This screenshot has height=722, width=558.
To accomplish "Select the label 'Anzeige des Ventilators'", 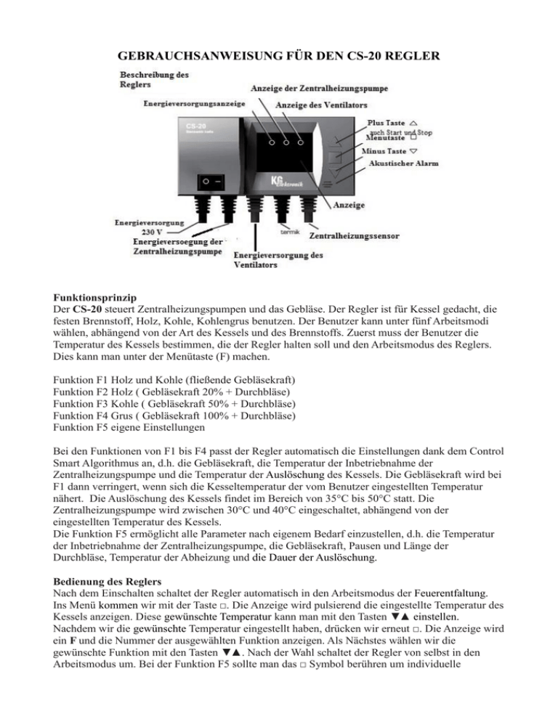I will coord(321,105).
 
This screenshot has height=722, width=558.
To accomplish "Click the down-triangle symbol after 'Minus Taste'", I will coord(413,151).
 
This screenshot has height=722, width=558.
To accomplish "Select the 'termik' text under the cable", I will coord(291,232).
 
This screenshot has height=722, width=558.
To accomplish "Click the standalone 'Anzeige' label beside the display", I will coord(349,206).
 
